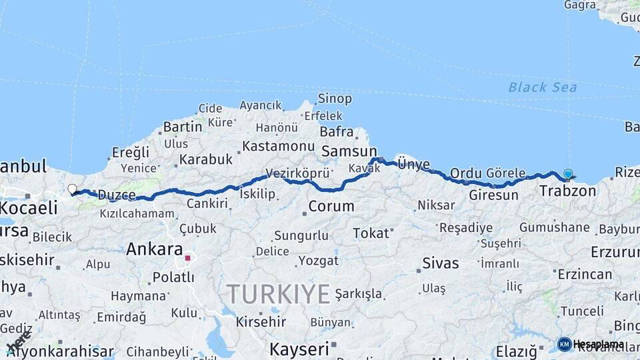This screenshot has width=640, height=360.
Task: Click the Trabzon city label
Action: point(567,191)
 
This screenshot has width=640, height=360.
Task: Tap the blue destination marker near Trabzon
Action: point(568,174)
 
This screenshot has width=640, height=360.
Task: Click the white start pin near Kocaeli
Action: point(72,189)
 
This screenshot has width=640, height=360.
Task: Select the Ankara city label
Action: point(154,249)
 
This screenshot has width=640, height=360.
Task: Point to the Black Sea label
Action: point(542,87)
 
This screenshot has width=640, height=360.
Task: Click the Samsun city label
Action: point(349,151)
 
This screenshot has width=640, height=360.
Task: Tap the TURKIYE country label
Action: point(278,294)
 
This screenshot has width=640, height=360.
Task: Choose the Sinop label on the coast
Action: point(335,99)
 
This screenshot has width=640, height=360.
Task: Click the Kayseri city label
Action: point(299,349)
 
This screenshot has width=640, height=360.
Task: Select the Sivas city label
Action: point(440,263)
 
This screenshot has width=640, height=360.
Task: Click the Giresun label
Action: point(493,195)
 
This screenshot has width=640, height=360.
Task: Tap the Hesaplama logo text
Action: point(598,344)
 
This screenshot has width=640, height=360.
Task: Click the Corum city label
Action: point(331,206)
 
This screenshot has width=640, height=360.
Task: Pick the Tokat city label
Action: point(371,233)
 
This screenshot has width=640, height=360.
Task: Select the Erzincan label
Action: point(585,274)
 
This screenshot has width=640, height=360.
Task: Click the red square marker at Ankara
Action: point(188,257)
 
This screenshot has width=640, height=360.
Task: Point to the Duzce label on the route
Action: point(117,195)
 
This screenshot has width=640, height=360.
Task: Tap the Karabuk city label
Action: point(205,159)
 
